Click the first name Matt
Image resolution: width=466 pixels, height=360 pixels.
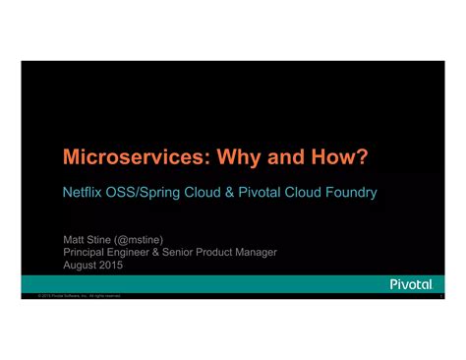(x=75, y=238)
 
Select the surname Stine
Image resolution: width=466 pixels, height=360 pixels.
(x=102, y=238)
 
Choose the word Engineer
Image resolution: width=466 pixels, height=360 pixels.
(x=140, y=252)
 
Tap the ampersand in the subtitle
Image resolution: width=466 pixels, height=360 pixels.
(x=232, y=192)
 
